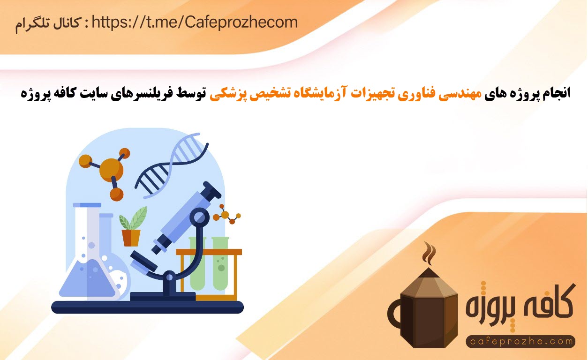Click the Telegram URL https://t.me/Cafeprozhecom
coord(195,22)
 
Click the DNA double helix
coord(172,165)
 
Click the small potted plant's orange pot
coord(131,238)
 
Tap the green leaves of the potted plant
coord(133,218)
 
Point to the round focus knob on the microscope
coord(199,217)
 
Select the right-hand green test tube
coord(220,264)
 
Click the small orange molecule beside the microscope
coord(226,215)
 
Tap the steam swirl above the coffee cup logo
coord(429,254)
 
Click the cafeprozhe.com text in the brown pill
coord(521,341)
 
